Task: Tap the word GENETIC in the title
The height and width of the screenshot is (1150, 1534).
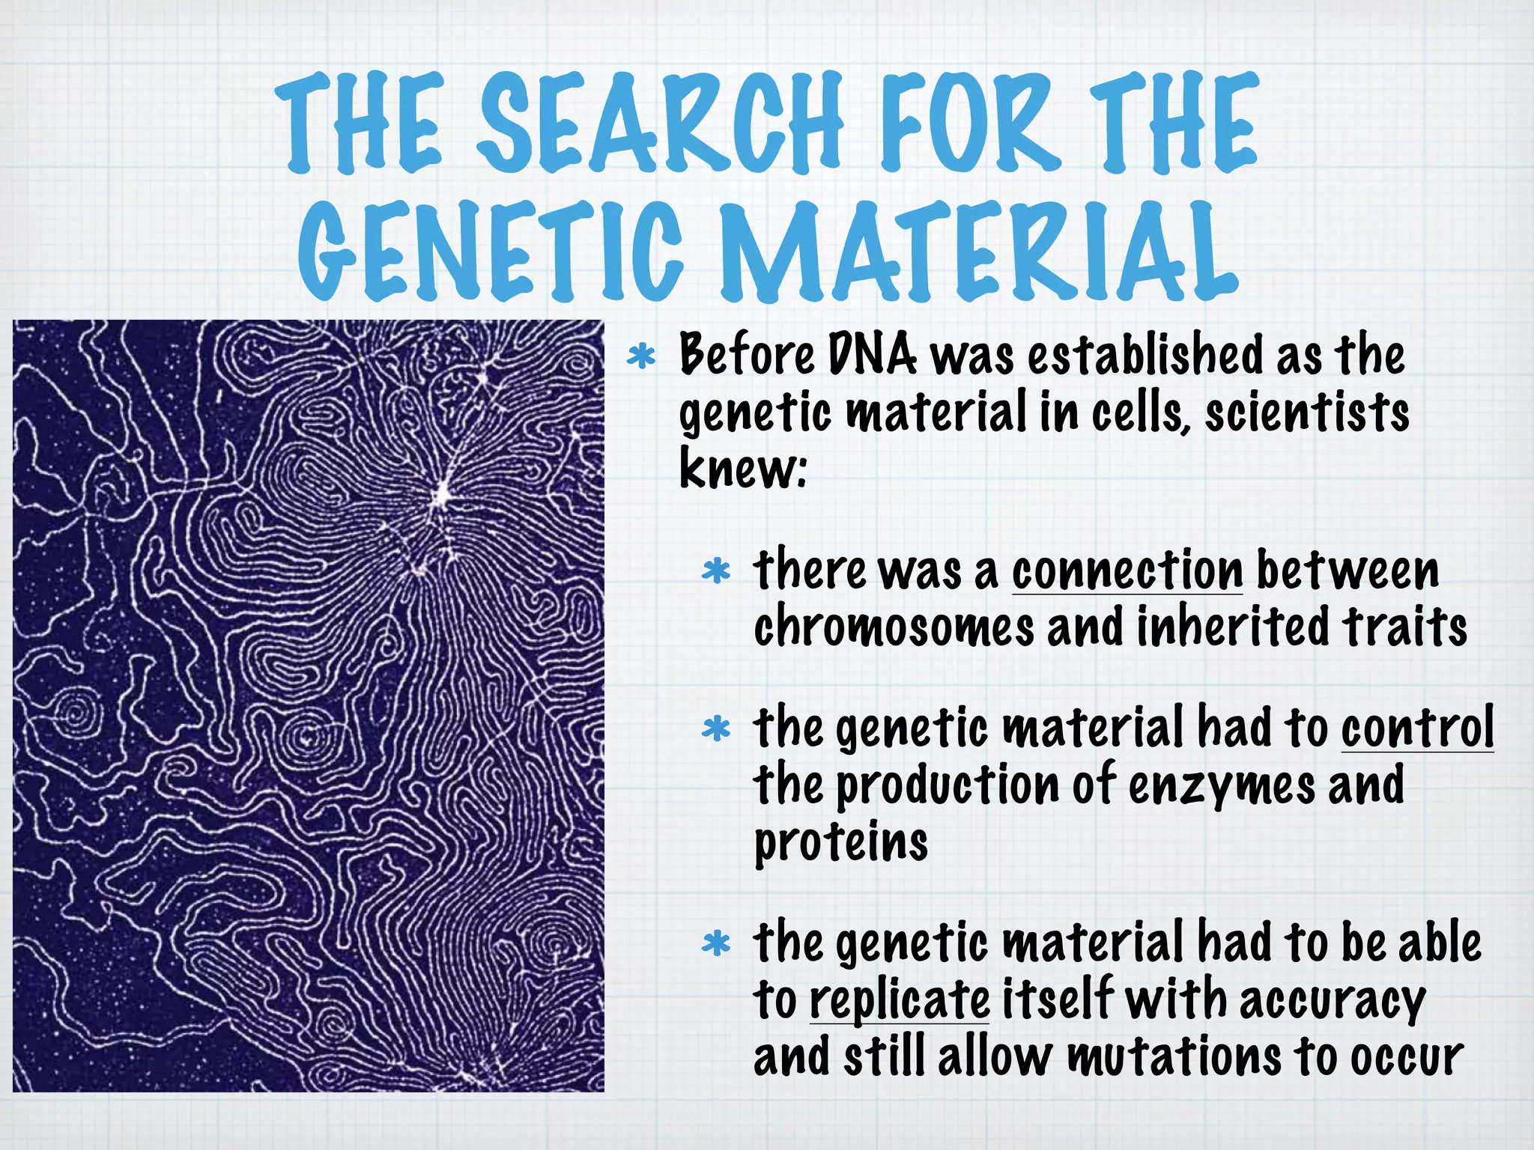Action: coord(491,251)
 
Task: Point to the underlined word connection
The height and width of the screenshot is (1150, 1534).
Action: coord(1127,571)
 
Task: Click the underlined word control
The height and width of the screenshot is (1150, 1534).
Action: coord(1417,728)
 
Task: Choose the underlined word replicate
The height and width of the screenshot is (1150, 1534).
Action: coord(900,1000)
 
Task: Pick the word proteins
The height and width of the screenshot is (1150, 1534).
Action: coord(840,843)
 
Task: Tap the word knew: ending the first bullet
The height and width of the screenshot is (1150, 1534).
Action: coord(742,469)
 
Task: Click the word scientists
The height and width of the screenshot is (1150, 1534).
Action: coord(1306,412)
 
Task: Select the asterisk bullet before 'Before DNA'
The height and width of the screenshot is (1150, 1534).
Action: coord(641,358)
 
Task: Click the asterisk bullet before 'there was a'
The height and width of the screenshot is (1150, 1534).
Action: coord(716,572)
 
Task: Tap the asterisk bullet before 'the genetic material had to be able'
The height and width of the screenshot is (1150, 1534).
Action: coord(716,945)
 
